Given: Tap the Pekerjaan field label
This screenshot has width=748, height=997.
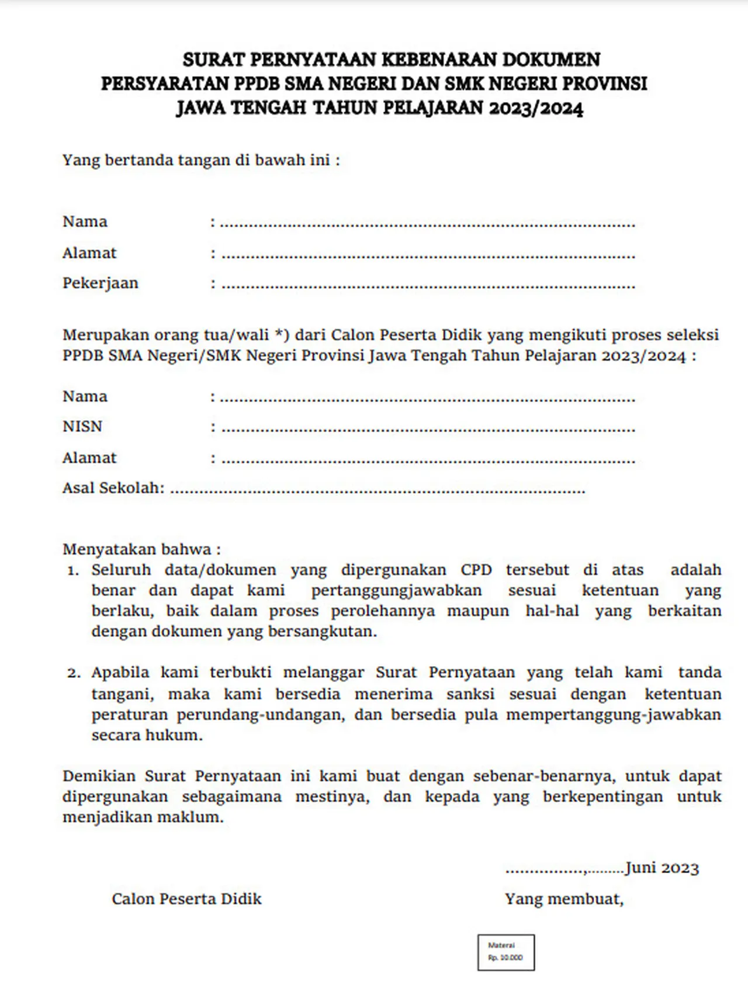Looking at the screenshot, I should click(x=101, y=283).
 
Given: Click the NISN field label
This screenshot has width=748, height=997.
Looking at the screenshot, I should click(x=82, y=427).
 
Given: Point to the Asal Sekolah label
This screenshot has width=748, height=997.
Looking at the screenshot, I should click(x=113, y=488).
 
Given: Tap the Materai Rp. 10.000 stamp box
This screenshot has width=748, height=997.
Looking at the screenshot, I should click(x=505, y=953).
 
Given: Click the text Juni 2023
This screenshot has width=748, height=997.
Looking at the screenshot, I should click(x=662, y=868).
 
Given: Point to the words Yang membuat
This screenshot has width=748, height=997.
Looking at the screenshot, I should click(x=564, y=899).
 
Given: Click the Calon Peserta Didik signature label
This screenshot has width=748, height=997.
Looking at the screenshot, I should click(x=186, y=899).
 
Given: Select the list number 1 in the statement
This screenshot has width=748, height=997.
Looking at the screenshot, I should click(x=72, y=571).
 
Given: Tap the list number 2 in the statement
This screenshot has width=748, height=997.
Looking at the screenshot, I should click(x=73, y=673).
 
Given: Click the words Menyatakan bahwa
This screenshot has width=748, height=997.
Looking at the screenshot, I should click(x=141, y=549).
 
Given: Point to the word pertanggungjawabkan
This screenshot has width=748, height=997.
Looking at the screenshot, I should click(x=396, y=591).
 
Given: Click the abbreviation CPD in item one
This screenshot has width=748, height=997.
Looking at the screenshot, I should click(x=476, y=570).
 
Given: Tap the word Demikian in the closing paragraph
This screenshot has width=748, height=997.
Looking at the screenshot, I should click(x=99, y=776).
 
